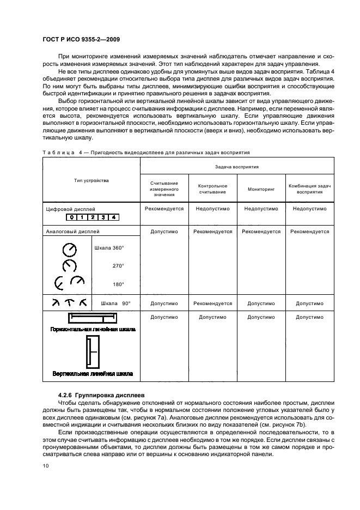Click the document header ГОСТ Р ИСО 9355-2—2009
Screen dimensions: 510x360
tap(81, 40)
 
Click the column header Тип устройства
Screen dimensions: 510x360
tap(91, 180)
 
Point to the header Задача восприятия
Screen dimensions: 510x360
tap(236, 166)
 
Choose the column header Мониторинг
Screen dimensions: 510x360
tap(260, 189)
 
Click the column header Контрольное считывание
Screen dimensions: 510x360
tap(212, 189)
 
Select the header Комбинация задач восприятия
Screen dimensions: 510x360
tap(309, 189)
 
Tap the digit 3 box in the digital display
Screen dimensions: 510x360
tap(103, 218)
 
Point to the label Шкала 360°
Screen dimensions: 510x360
tap(109, 248)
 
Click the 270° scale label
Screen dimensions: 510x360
tap(118, 266)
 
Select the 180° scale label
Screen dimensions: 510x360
tap(118, 284)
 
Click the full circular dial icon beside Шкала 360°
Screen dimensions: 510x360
tap(70, 250)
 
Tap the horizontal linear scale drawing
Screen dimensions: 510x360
tap(91, 318)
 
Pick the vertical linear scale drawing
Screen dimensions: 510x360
tap(91, 352)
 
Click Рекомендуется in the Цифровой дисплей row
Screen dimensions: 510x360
tap(164, 209)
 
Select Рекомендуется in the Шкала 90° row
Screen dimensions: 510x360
tap(212, 303)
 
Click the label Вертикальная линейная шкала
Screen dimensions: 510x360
tap(93, 374)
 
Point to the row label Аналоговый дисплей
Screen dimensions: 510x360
tap(70, 232)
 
